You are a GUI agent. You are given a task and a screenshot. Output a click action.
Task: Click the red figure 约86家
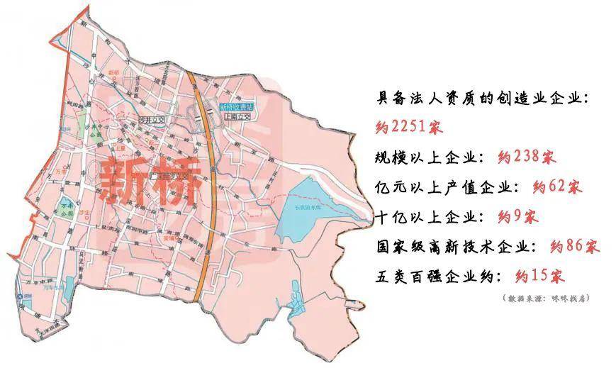point(574,247)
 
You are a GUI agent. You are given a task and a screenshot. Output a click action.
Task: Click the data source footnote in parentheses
point(546,299)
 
